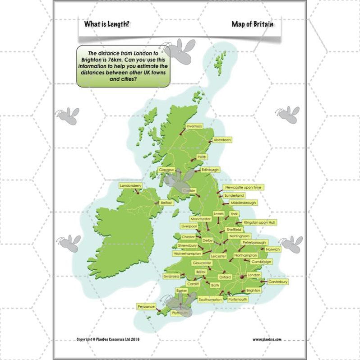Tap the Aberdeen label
tap(222, 140)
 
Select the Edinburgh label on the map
tap(210, 170)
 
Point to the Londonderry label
tap(131, 185)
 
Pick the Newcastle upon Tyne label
tap(244, 187)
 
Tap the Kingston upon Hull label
tap(260, 222)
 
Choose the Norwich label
tap(273, 249)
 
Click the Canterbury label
tap(278, 282)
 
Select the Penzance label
tap(146, 307)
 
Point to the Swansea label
tap(171, 276)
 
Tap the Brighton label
tap(254, 291)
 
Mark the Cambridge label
tap(261, 262)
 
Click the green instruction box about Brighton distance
tap(123, 66)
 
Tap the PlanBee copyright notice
tap(108, 339)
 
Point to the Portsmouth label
tap(238, 299)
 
